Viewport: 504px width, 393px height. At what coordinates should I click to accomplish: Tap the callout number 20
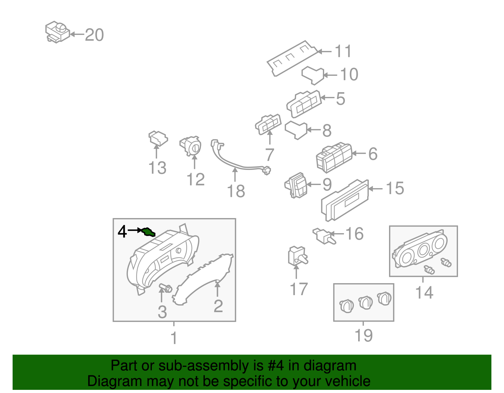(x=94, y=35)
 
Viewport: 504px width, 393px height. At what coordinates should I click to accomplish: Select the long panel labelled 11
(x=291, y=58)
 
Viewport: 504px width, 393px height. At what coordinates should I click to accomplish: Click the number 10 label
(x=349, y=75)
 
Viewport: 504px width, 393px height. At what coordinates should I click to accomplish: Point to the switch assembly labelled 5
(x=304, y=104)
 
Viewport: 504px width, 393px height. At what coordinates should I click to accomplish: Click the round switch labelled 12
(x=191, y=146)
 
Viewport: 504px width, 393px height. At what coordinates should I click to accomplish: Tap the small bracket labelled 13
(x=158, y=138)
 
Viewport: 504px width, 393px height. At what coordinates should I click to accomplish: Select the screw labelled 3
(x=165, y=287)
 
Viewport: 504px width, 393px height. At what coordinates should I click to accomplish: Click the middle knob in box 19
(x=365, y=303)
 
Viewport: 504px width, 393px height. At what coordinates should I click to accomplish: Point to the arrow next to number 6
(x=358, y=154)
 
